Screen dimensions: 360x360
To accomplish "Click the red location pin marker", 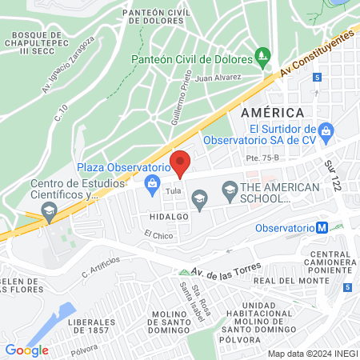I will [181, 162].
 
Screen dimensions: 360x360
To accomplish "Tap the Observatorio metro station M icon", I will [322, 226].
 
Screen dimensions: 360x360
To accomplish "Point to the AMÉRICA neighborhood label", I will [272, 113].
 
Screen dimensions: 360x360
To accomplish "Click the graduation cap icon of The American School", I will [230, 189].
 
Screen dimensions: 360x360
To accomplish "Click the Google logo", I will [26, 349].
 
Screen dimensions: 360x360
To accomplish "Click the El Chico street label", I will [158, 235].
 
